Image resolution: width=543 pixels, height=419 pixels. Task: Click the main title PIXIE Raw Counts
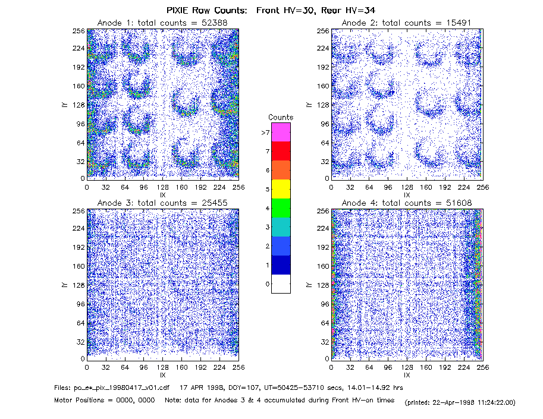[x=207, y=10]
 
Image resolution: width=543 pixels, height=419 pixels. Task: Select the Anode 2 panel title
[x=407, y=23]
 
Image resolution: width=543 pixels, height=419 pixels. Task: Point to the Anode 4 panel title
[x=407, y=203]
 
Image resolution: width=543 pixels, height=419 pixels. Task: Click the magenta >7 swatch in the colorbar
[x=281, y=132]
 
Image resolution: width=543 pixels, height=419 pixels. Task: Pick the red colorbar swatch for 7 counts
[x=281, y=151]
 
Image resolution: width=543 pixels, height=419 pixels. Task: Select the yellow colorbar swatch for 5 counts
[x=281, y=189]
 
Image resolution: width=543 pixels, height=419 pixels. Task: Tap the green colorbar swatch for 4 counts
[x=281, y=208]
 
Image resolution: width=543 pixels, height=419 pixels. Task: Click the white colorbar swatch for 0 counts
[x=281, y=283]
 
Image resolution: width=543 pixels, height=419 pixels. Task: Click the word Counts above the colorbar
[x=281, y=117]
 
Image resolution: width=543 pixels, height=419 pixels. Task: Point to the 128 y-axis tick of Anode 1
[x=79, y=105]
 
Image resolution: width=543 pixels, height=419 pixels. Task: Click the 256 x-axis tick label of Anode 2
[x=483, y=187]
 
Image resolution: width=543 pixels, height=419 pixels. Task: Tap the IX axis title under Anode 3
[x=163, y=375]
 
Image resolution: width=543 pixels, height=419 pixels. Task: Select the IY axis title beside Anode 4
[x=309, y=285]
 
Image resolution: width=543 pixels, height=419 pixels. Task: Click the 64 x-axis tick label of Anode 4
[x=369, y=367]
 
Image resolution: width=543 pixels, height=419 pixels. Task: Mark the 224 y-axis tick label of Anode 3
[x=79, y=228]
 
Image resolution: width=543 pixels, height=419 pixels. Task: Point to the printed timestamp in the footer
[x=460, y=402]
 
